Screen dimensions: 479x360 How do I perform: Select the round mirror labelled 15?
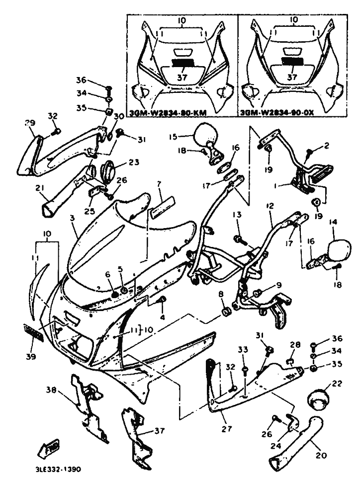[x=204, y=133]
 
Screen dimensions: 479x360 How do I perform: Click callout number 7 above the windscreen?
[x=159, y=184]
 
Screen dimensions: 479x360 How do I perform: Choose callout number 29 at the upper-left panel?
[x=30, y=123]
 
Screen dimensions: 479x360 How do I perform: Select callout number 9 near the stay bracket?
[x=279, y=285]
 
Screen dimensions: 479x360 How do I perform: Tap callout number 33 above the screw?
[x=243, y=351]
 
